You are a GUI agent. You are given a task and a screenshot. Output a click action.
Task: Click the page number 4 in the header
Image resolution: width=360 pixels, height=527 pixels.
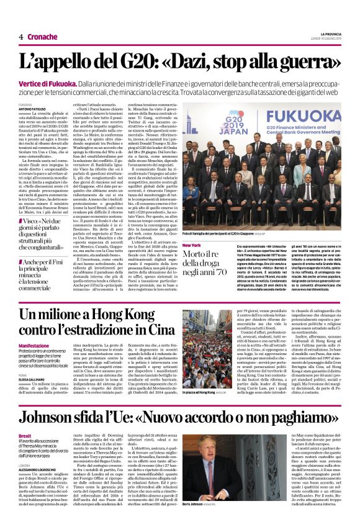coord(21,37)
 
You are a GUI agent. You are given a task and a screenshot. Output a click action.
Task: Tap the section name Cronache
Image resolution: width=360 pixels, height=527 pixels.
coord(42,37)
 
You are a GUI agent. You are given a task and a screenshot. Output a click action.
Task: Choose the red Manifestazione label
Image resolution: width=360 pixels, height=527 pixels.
coord(34,346)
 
